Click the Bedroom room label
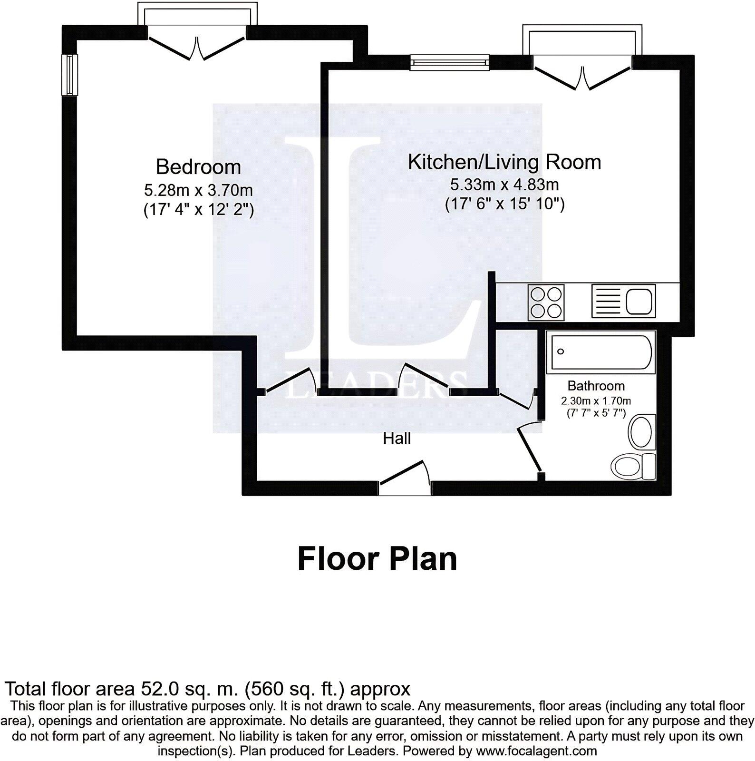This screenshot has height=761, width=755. (198, 167)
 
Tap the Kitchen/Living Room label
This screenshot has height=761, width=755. (504, 162)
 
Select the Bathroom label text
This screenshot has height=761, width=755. (596, 386)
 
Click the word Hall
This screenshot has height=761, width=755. (397, 439)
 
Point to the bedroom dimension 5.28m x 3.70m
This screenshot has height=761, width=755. (198, 191)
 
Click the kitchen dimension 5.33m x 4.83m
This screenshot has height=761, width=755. (504, 185)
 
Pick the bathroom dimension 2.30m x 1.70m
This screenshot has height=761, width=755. (596, 401)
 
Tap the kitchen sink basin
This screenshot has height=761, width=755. (640, 302)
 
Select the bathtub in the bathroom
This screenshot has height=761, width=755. (600, 352)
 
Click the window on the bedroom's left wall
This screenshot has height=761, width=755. (71, 75)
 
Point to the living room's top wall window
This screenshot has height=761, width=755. (449, 62)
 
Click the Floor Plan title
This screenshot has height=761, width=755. (377, 559)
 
